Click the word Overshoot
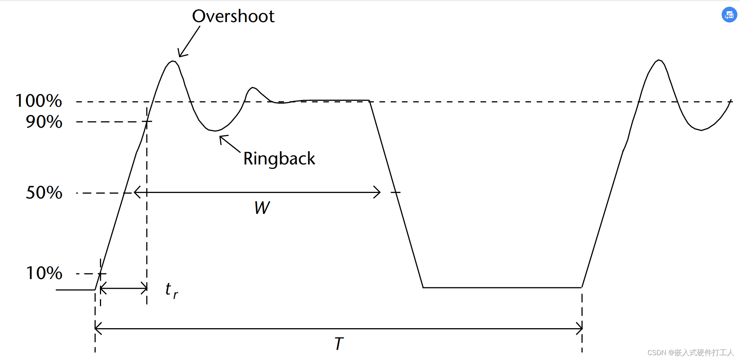[233, 16]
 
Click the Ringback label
[279, 158]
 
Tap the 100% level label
[39, 101]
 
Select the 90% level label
[44, 122]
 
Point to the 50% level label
[44, 193]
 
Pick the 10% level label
[44, 273]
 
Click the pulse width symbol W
[262, 208]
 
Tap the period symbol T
[339, 344]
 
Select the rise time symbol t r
[171, 290]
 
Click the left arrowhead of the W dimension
[136, 192]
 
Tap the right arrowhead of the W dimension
[379, 192]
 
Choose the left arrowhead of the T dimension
[97, 329]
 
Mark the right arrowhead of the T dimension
[580, 329]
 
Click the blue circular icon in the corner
[729, 15]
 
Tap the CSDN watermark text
[690, 353]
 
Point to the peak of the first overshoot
[172, 61]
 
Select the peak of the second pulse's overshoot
[659, 60]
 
